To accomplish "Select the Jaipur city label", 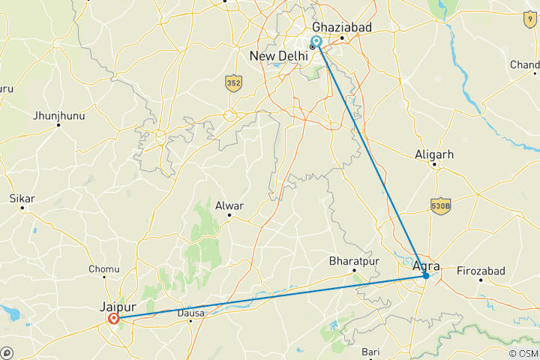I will tap(116, 306).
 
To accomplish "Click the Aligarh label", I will tap(435, 154).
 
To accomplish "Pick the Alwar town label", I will tap(229, 204).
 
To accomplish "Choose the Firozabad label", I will tap(481, 270).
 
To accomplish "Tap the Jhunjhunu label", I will tap(59, 115).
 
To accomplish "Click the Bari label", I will tap(371, 352).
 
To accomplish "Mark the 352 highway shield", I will tap(233, 82).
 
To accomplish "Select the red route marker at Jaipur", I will tap(113, 319).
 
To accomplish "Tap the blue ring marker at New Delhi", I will tap(316, 41).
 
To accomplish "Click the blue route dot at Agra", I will tap(426, 276).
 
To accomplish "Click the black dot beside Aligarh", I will tap(435, 164).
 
